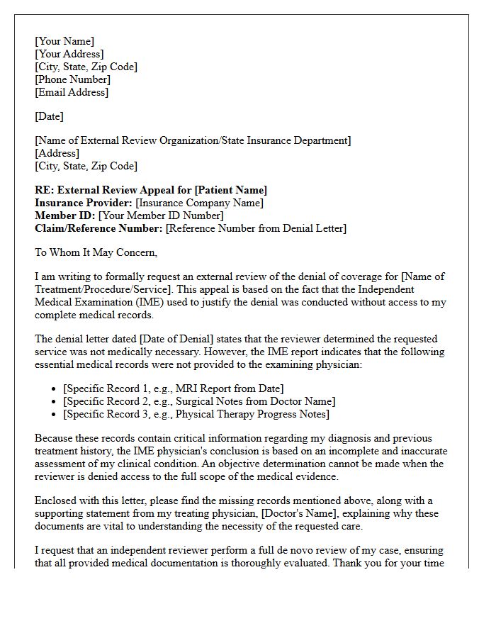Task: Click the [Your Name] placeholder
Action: (x=64, y=41)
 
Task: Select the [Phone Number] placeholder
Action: (x=72, y=79)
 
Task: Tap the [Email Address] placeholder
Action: (x=72, y=92)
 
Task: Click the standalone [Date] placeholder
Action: (x=49, y=116)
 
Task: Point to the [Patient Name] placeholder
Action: (x=231, y=190)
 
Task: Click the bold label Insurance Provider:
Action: (x=84, y=203)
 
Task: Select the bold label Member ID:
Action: (x=65, y=216)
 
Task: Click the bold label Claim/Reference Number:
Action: (x=98, y=228)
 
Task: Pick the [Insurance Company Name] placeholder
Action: (x=199, y=203)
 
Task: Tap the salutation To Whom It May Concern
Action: (x=96, y=252)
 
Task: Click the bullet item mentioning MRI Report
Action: (x=173, y=388)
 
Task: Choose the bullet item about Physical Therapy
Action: (x=196, y=414)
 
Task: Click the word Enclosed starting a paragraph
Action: (x=56, y=500)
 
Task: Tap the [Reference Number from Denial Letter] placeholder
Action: (x=256, y=228)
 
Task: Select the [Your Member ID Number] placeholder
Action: (x=161, y=216)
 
